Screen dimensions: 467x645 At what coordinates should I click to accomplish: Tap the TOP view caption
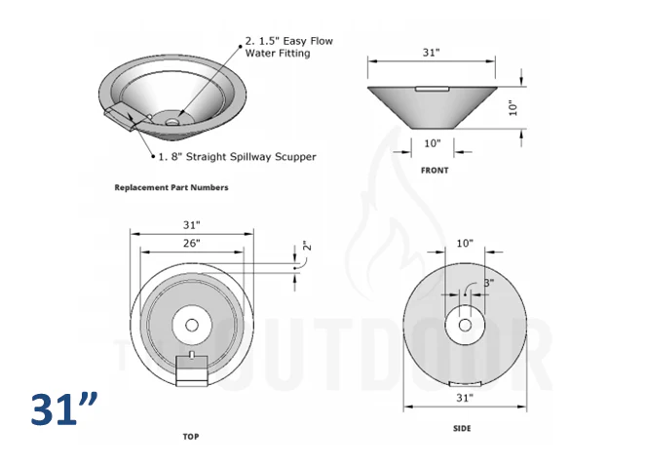click(192, 438)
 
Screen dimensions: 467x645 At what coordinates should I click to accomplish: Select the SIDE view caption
click(466, 430)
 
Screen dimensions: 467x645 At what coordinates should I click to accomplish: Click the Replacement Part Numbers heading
click(171, 187)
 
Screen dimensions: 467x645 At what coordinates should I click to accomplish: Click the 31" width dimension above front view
click(431, 52)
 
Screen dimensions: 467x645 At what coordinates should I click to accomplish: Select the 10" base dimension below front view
click(433, 143)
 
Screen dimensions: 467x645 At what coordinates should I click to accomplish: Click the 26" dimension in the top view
click(191, 243)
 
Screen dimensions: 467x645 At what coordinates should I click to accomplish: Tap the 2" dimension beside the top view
click(306, 249)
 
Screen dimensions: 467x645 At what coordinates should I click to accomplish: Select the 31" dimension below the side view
click(464, 398)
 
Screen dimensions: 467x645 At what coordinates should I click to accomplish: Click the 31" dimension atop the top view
click(192, 225)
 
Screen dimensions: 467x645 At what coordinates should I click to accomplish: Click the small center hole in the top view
click(192, 324)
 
